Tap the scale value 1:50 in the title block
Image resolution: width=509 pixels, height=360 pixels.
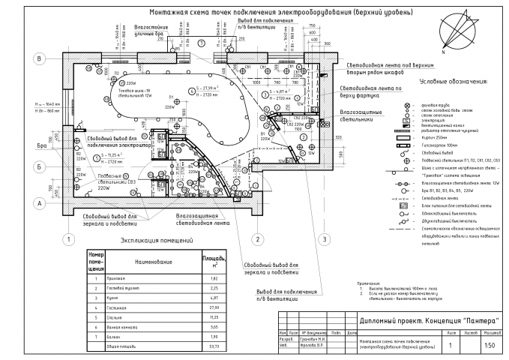point(489,346)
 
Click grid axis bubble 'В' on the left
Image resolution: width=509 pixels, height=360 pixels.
point(37,58)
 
